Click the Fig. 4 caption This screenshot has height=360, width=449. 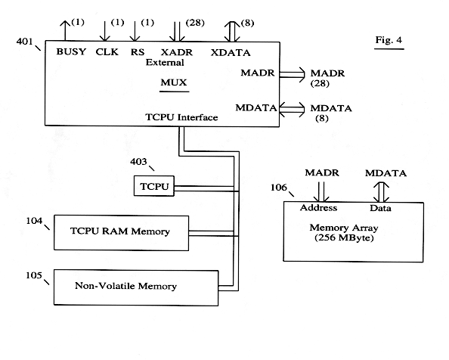pyautogui.click(x=389, y=40)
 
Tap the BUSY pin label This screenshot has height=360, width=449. pyautogui.click(x=71, y=51)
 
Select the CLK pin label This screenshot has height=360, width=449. pyautogui.click(x=107, y=52)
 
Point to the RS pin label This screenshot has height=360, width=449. pyautogui.click(x=138, y=52)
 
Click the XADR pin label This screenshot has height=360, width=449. pyautogui.click(x=177, y=52)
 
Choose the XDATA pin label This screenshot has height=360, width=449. pyautogui.click(x=231, y=53)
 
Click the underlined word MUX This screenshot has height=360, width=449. pyautogui.click(x=174, y=82)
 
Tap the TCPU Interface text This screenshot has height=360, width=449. pyautogui.click(x=181, y=117)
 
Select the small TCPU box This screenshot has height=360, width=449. pyautogui.click(x=154, y=186)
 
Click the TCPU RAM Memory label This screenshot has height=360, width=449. pyautogui.click(x=120, y=231)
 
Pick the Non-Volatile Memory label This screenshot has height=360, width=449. pyautogui.click(x=125, y=286)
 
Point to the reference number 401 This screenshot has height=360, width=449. pyautogui.click(x=24, y=42)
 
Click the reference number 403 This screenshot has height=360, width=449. pyautogui.click(x=138, y=162)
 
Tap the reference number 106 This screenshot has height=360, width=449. pyautogui.click(x=279, y=188)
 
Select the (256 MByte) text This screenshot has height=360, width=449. pyautogui.click(x=344, y=237)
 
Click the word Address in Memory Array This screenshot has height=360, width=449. pyautogui.click(x=318, y=208)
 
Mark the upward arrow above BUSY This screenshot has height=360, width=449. pyautogui.click(x=65, y=31)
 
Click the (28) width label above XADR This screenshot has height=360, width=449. pyautogui.click(x=195, y=23)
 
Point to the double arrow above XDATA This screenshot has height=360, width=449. pyautogui.click(x=232, y=32)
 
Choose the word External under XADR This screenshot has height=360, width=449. pyautogui.click(x=165, y=63)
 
